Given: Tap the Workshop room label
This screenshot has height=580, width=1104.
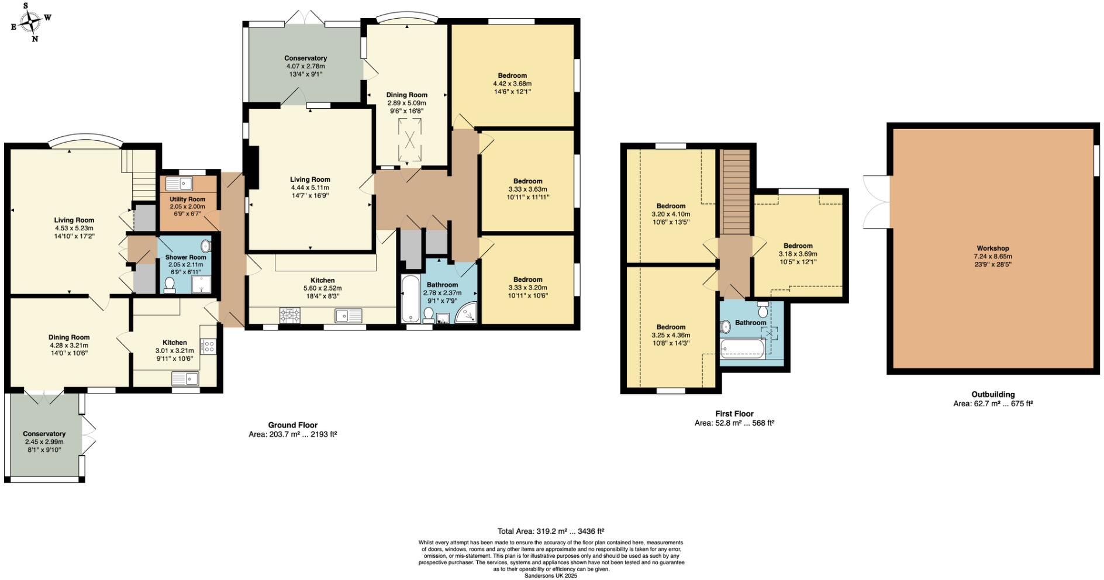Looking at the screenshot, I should click(x=992, y=248).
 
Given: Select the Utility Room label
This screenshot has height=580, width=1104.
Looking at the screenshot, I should click(x=187, y=199).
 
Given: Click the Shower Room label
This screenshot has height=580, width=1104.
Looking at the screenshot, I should click(x=185, y=257).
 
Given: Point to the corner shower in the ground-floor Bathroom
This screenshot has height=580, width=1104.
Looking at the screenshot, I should click(x=467, y=313).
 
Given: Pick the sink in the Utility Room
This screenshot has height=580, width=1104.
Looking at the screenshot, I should click(x=180, y=184).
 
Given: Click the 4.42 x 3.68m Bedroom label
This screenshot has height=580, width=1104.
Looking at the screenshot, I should click(x=512, y=75).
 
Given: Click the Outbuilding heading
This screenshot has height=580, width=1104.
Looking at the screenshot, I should click(x=993, y=394).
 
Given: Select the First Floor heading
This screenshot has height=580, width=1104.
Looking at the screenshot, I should click(x=734, y=413).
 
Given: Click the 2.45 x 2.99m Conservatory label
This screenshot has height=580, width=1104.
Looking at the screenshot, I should click(x=44, y=434).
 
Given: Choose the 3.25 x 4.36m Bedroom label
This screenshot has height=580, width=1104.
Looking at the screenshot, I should click(x=671, y=327).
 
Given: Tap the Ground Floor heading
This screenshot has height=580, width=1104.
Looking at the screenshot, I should click(x=292, y=425).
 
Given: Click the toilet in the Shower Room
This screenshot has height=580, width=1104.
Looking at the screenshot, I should click(x=170, y=285).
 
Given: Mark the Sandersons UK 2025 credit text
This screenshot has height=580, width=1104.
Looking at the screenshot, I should click(x=550, y=576).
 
